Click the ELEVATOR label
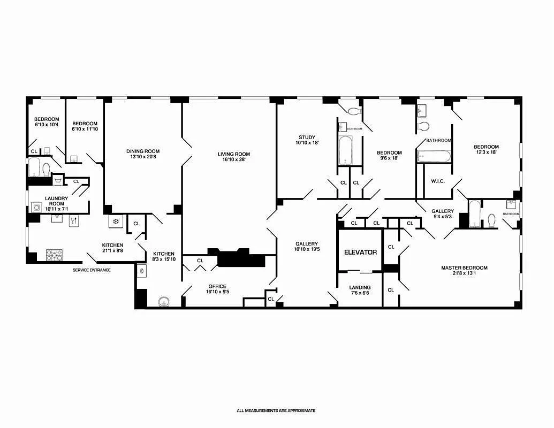tap(360, 252)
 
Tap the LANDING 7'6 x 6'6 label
tap(360, 291)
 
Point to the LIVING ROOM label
tap(233, 157)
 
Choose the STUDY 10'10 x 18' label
tap(307, 140)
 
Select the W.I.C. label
tap(438, 181)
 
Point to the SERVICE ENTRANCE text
tap(92, 270)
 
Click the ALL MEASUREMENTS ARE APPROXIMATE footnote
tap(276, 410)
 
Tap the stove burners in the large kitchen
tap(54, 255)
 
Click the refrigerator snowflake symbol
tap(115, 222)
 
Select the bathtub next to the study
tap(345, 151)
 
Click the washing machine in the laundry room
tap(36, 207)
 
